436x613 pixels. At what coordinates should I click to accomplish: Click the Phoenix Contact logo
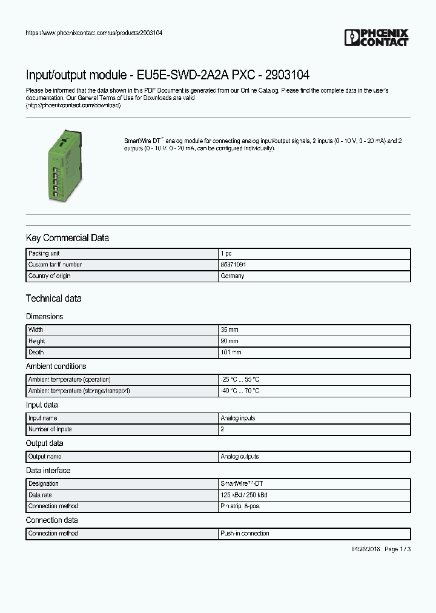[376, 38]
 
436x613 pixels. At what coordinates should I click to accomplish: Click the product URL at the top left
[94, 33]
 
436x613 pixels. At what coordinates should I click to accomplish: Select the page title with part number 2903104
[168, 75]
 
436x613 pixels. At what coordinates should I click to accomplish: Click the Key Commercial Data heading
[67, 238]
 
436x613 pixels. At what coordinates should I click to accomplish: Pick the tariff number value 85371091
[233, 265]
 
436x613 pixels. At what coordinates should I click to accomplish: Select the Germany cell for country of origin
[233, 276]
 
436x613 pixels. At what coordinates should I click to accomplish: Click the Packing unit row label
[44, 254]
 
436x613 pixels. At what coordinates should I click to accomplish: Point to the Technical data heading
[53, 298]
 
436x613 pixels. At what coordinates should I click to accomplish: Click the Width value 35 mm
[230, 330]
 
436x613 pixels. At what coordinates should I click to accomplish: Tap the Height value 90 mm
[230, 341]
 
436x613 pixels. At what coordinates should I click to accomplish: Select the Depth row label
[36, 352]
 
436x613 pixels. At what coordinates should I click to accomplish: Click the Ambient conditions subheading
[56, 366]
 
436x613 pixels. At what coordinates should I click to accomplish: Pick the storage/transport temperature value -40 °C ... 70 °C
[240, 391]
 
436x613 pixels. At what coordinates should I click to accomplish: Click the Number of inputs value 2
[222, 429]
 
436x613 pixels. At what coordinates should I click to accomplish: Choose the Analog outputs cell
[239, 456]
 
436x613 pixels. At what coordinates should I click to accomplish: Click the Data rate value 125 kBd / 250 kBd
[244, 495]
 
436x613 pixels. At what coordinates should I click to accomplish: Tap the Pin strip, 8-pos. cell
[240, 506]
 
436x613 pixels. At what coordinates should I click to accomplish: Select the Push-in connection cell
[245, 533]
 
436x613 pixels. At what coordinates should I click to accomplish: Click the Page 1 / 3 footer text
[398, 549]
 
